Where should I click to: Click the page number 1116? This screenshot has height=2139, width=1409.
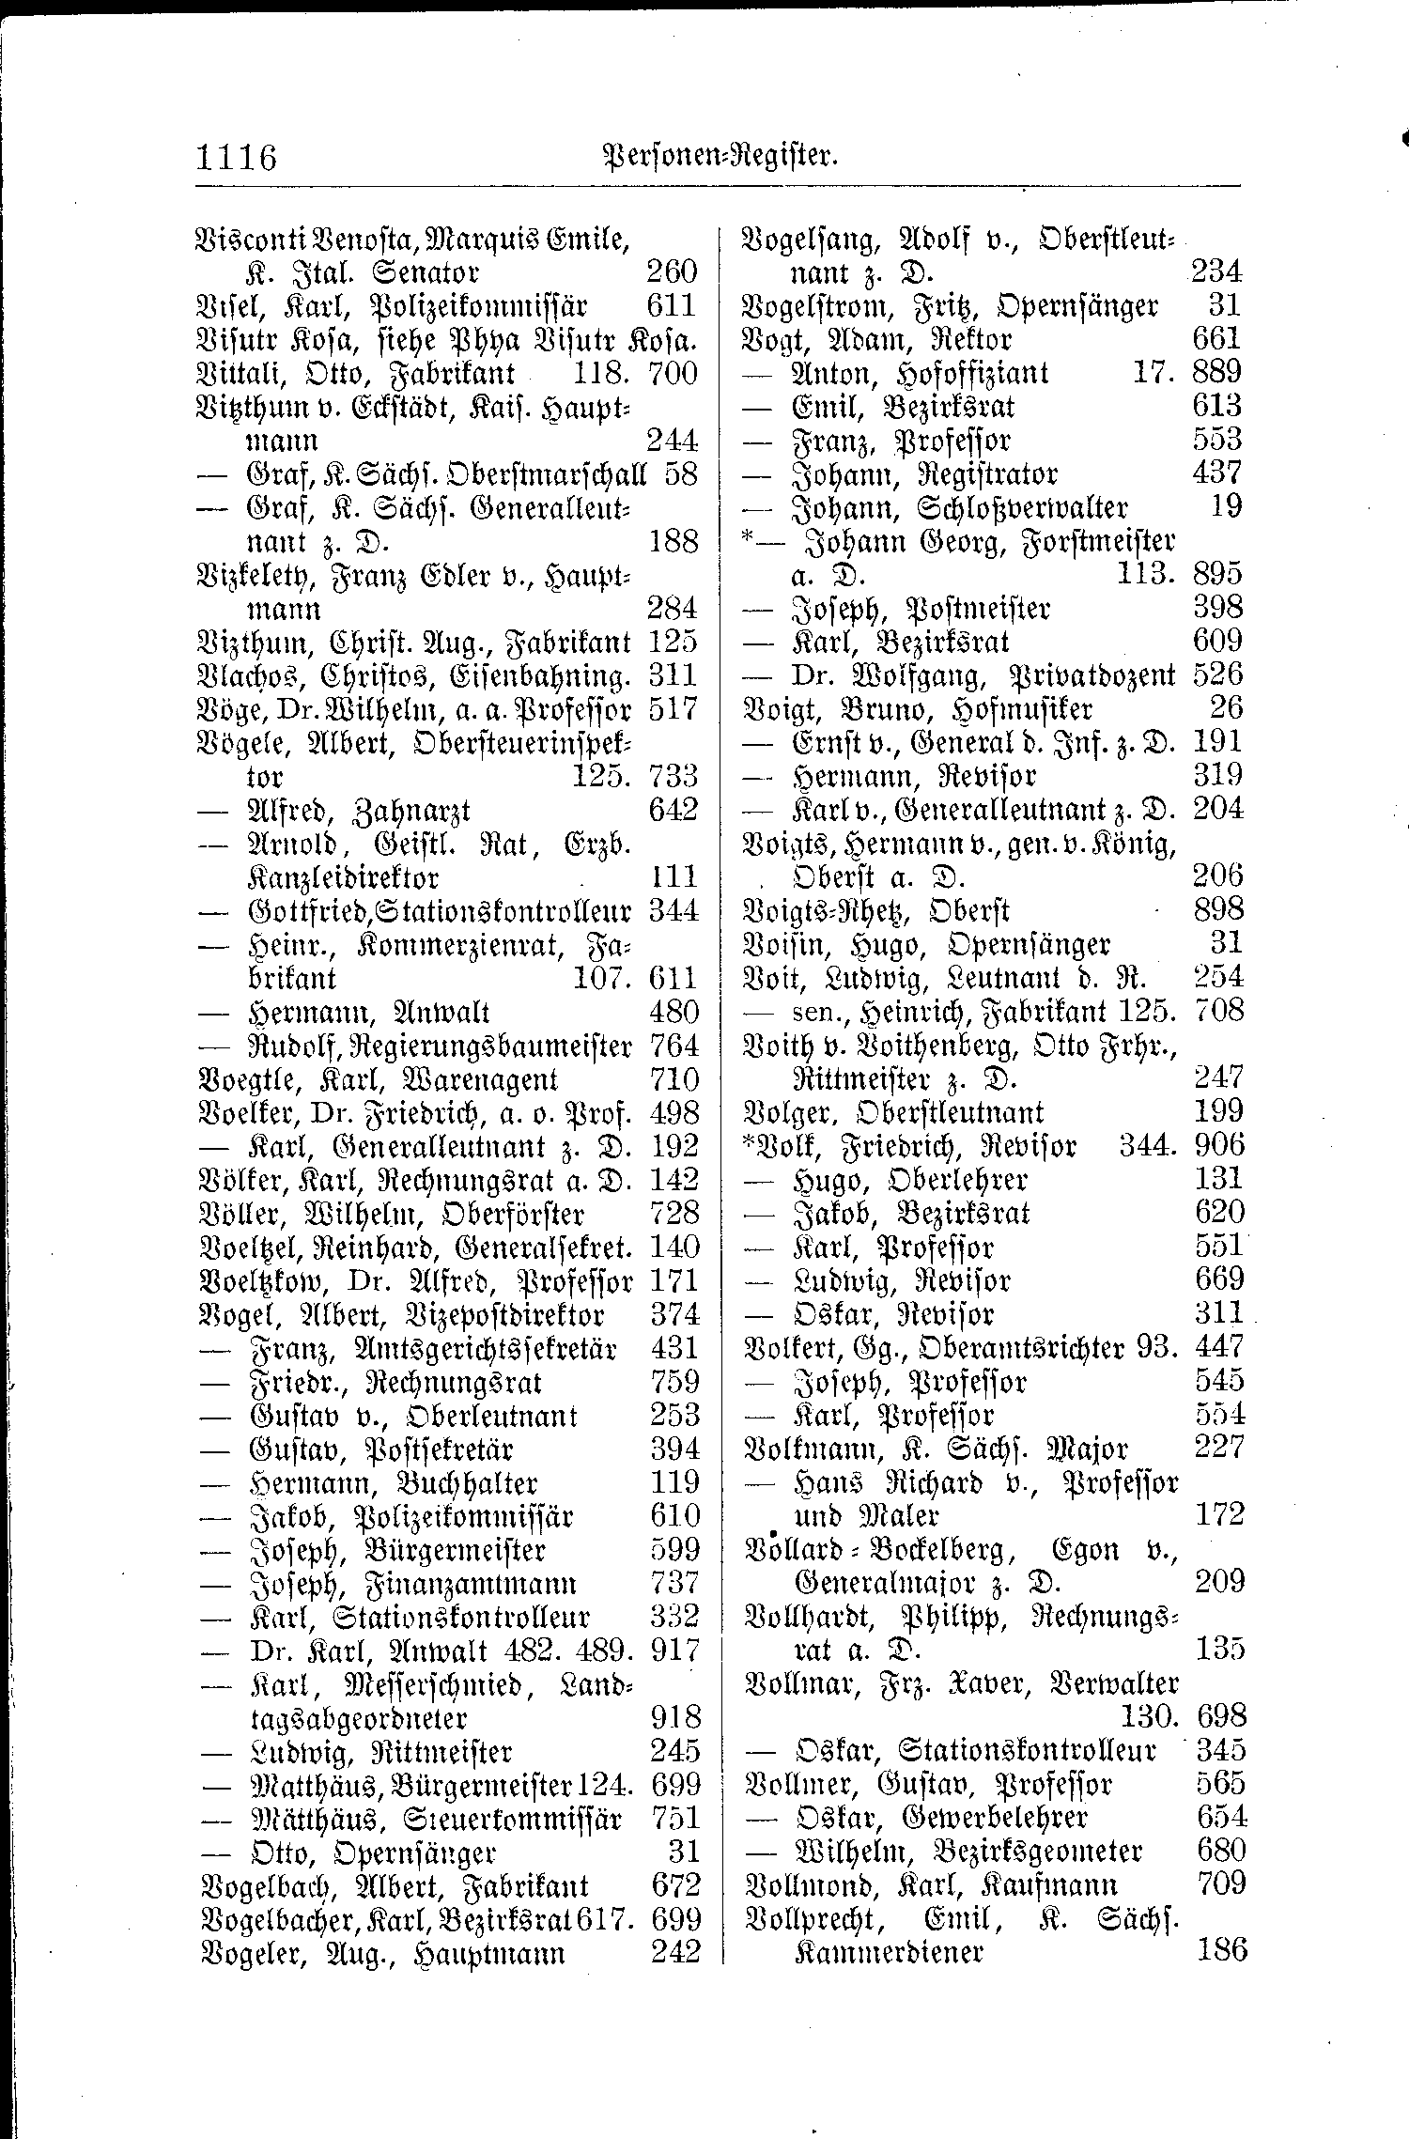(237, 156)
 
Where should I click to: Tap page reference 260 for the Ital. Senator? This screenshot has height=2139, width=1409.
(672, 273)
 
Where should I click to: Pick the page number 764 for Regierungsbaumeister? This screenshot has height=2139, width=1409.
(674, 1046)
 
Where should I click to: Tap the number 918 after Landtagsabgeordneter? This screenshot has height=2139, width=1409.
(675, 1718)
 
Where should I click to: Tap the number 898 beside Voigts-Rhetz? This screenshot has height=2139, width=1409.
(1217, 910)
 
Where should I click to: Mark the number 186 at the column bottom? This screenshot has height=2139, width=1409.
(1221, 1950)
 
